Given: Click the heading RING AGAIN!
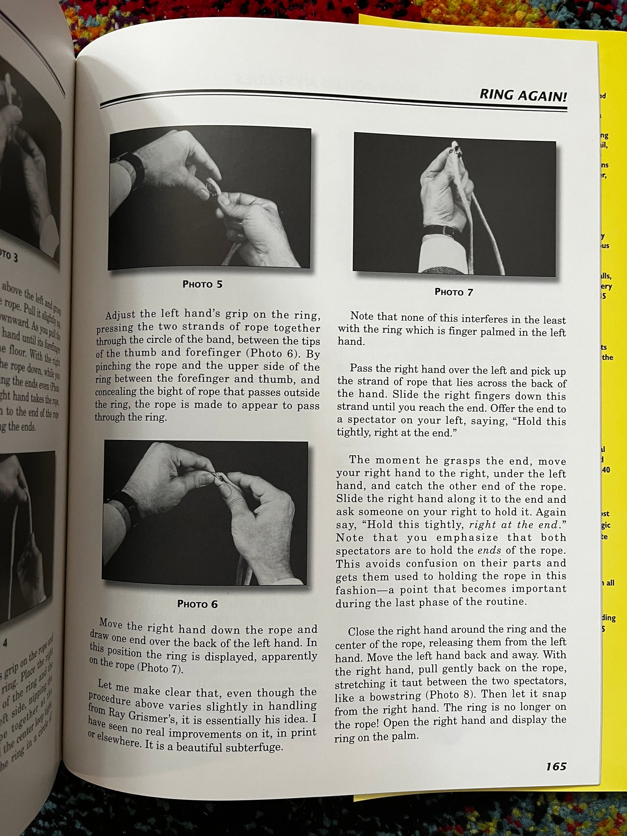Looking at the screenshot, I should (522, 95).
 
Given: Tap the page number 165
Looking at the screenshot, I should (556, 767).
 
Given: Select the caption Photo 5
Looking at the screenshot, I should (202, 285).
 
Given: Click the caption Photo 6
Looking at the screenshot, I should (197, 604).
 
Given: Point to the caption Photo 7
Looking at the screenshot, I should (453, 292).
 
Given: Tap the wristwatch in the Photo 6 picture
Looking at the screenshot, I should (126, 508).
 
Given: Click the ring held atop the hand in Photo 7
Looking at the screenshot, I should (457, 150).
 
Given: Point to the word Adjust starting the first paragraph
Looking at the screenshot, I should (120, 315).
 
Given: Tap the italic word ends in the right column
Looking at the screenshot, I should (489, 551).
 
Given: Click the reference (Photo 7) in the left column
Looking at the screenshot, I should (159, 669).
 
